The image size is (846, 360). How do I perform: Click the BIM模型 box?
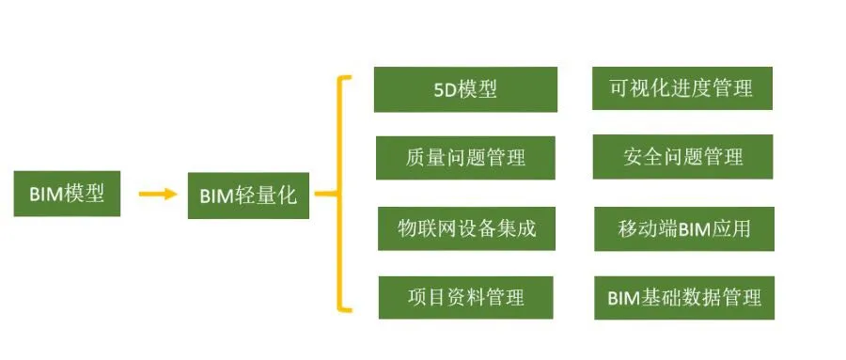pyautogui.click(x=67, y=194)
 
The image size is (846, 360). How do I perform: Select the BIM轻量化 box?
pyautogui.click(x=248, y=195)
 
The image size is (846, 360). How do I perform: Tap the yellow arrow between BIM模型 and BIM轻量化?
pyautogui.click(x=157, y=195)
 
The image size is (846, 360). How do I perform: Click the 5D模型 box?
pyautogui.click(x=465, y=89)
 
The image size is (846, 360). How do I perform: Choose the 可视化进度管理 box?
pyautogui.click(x=681, y=88)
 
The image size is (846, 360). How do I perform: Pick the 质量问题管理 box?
pyautogui.click(x=465, y=157)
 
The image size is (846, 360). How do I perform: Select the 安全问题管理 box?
pyautogui.click(x=682, y=156)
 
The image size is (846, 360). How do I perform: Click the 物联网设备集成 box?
pyautogui.click(x=466, y=227)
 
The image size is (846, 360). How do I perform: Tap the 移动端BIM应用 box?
pyautogui.click(x=683, y=227)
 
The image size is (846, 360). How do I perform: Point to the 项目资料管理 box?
pyautogui.click(x=465, y=297)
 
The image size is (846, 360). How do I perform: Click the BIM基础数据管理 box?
pyautogui.click(x=683, y=298)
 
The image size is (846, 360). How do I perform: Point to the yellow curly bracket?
pyautogui.click(x=342, y=195)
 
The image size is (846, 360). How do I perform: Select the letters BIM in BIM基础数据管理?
pyautogui.click(x=624, y=299)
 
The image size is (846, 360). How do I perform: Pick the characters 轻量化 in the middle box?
pyautogui.click(x=269, y=196)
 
